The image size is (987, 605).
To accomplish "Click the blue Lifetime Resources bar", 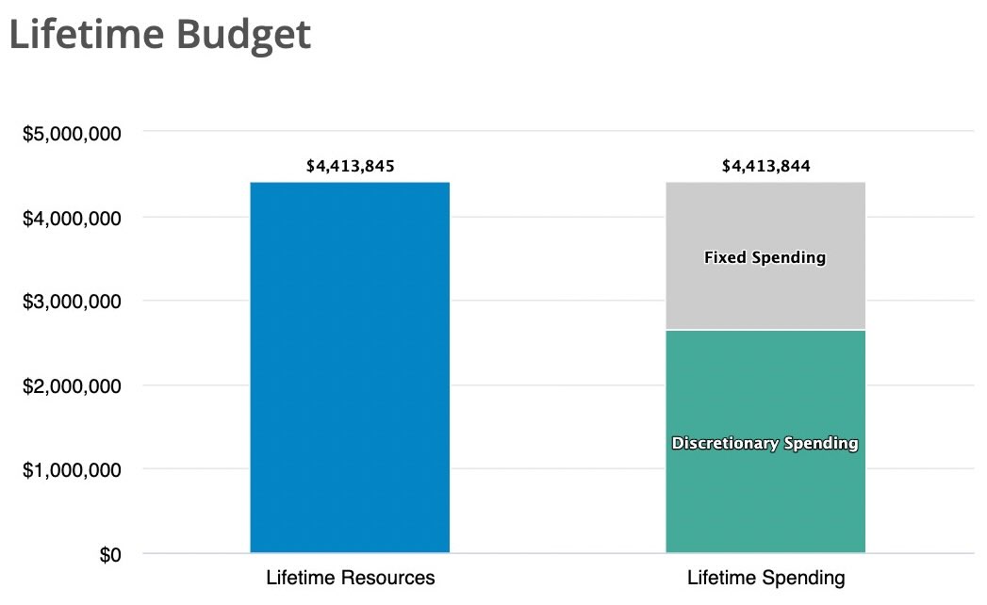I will (350, 367).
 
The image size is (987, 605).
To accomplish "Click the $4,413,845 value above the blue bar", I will (351, 167).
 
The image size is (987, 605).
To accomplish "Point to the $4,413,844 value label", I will (765, 167).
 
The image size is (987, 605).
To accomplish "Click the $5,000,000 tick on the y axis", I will (71, 134).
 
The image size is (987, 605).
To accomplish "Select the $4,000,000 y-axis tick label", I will (71, 218).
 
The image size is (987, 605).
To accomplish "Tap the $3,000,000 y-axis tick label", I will (71, 302).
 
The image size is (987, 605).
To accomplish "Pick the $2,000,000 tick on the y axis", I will (71, 386).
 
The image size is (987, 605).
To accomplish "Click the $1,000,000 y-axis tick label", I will (71, 470).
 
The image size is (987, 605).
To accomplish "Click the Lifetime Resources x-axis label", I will (351, 578).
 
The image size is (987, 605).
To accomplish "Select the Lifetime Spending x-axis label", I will (765, 578).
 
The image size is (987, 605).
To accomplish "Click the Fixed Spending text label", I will (765, 257).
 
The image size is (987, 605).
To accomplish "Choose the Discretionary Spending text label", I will (765, 443).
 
